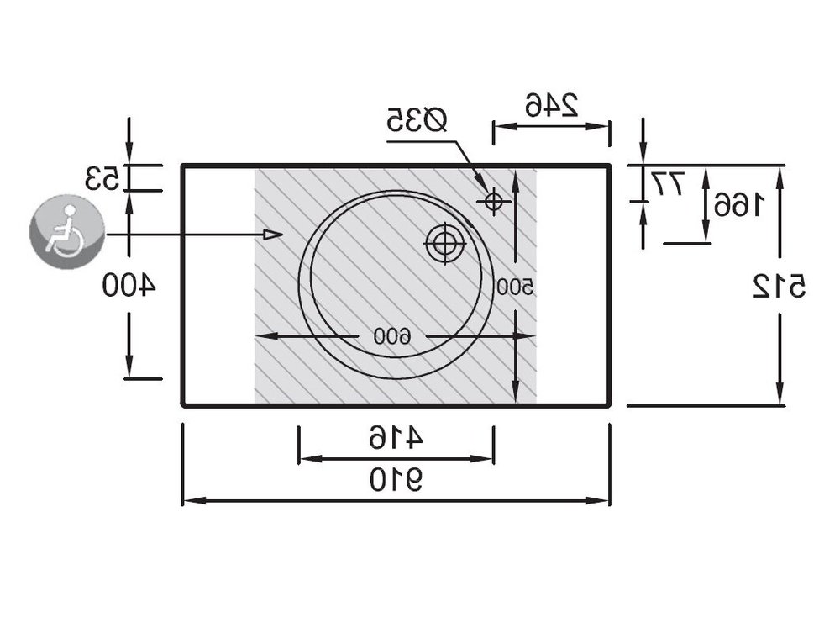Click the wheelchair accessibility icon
click(67, 231)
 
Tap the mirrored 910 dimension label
click(396, 479)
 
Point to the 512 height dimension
click(780, 286)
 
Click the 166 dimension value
click(738, 205)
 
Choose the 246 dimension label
click(552, 104)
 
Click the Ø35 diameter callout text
click(417, 120)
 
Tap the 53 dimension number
click(102, 178)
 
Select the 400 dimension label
click(129, 285)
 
